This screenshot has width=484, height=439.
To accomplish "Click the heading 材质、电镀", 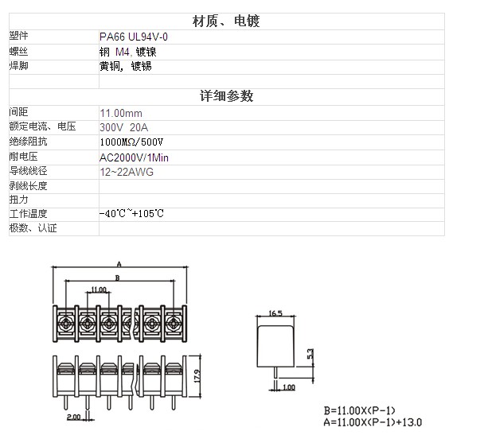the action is click(226, 21).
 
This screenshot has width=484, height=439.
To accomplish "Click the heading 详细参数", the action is click(227, 96).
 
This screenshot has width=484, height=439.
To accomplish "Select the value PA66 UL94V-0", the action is click(134, 37).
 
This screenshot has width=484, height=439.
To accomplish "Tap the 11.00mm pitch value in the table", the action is click(121, 113).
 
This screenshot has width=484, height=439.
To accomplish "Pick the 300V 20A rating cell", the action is click(123, 127).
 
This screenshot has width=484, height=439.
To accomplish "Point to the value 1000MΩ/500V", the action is click(131, 142).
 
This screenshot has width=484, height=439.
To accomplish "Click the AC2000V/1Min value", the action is click(134, 157).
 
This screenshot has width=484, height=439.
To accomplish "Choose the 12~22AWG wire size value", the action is click(127, 172).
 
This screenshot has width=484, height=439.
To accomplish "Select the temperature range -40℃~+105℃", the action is click(131, 213).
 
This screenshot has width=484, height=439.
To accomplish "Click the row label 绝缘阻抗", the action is click(28, 142).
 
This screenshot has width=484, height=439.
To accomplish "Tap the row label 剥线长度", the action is click(28, 186).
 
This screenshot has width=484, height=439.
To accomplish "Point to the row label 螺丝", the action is click(18, 51).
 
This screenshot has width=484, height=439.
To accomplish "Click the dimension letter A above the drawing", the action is click(119, 264).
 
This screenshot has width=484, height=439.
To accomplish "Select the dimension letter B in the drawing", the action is click(117, 278).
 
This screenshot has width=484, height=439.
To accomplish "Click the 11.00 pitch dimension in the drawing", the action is click(99, 289).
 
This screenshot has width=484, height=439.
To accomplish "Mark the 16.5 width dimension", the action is click(275, 313).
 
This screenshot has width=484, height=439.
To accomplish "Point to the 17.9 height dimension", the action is click(197, 376).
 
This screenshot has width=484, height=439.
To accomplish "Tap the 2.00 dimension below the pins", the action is click(74, 417).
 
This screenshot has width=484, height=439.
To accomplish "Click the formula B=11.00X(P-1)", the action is click(359, 410).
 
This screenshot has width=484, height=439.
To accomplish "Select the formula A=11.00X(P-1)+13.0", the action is click(373, 422).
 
